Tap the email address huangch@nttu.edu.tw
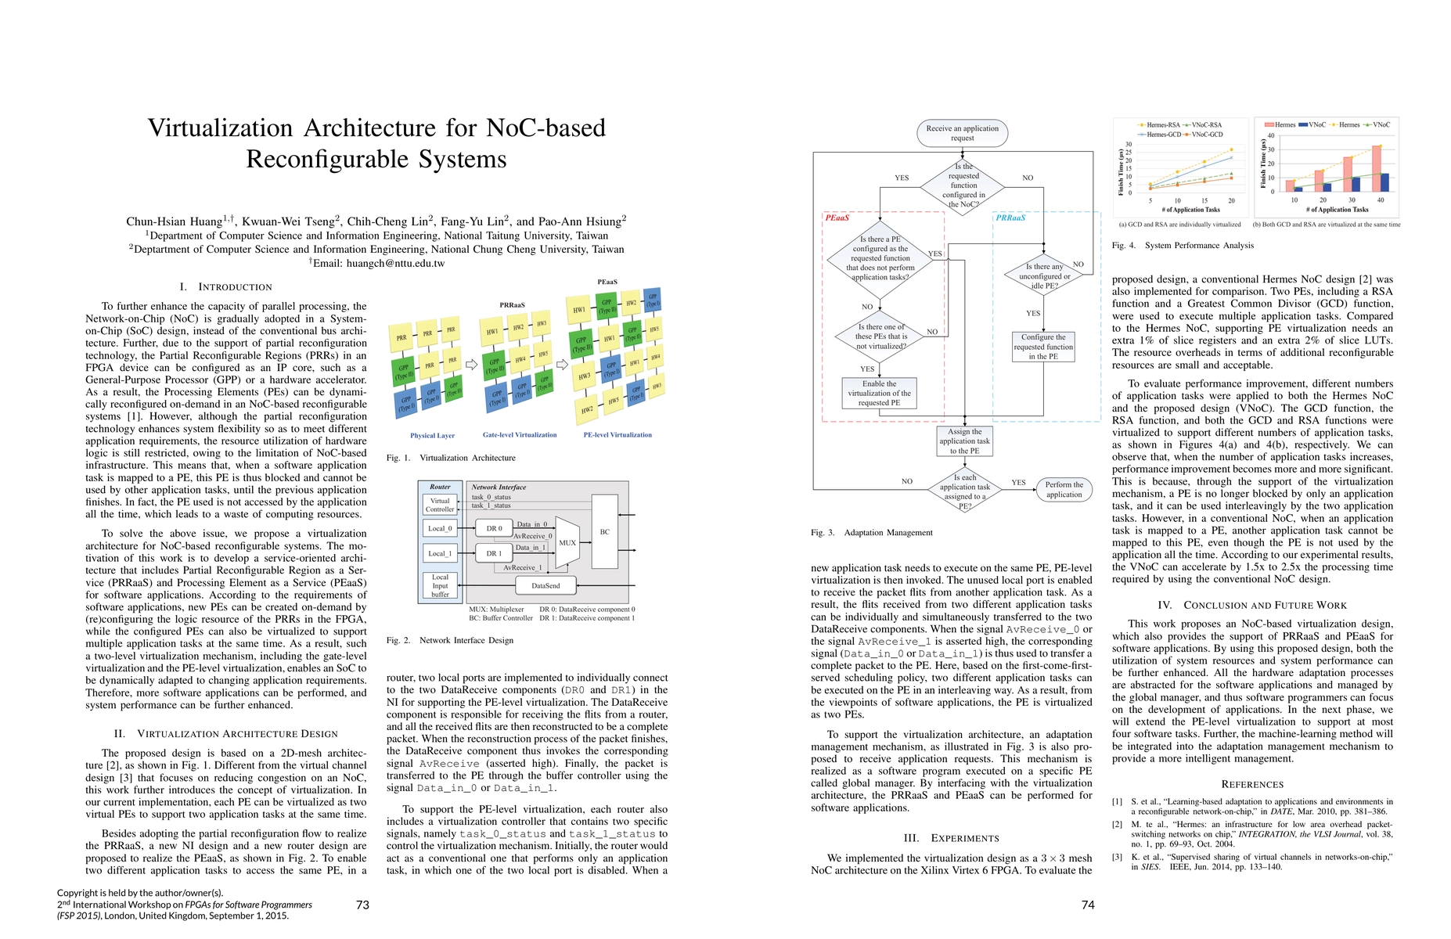pos(395,263)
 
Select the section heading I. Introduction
pos(226,286)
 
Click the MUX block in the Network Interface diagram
pos(567,542)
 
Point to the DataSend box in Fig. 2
pos(545,585)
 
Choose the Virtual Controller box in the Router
pos(440,505)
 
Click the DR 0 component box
pos(494,528)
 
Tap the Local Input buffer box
pos(440,585)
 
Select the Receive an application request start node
pos(962,133)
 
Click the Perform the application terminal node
pos(1064,489)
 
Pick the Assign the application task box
pos(964,441)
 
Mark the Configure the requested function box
pos(1043,347)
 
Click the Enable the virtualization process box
pos(879,394)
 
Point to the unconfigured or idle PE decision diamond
pos(1044,276)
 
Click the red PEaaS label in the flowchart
pos(837,218)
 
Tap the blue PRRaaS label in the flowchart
pos(1010,218)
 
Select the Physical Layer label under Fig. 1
pos(432,435)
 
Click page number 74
pos(1087,905)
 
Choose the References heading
pos(1252,784)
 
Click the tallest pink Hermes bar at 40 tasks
pos(1377,168)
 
